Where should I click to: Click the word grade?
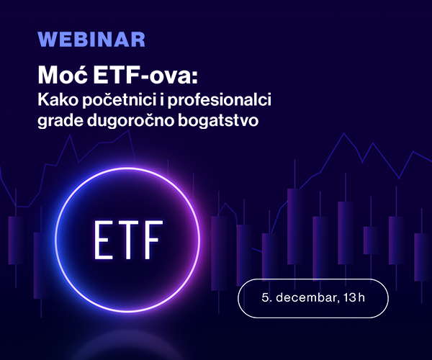(58, 121)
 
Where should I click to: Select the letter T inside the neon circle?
(129, 238)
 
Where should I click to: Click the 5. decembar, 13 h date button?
(312, 298)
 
